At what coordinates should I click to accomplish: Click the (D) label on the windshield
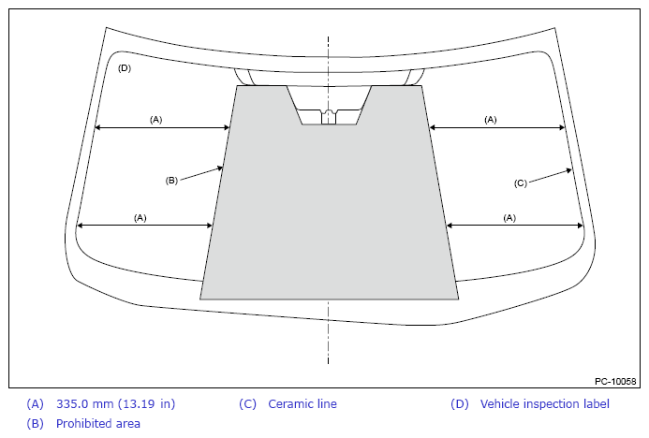(125, 68)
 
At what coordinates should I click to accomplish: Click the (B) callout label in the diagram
(171, 181)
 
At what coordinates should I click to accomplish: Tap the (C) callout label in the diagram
(521, 182)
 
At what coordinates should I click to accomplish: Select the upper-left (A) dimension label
(155, 120)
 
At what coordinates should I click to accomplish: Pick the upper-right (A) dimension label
(491, 120)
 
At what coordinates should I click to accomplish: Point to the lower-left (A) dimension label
(140, 217)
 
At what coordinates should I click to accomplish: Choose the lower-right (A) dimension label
(509, 217)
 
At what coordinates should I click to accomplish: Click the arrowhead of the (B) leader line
(221, 168)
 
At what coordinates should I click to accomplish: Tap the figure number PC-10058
(615, 381)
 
